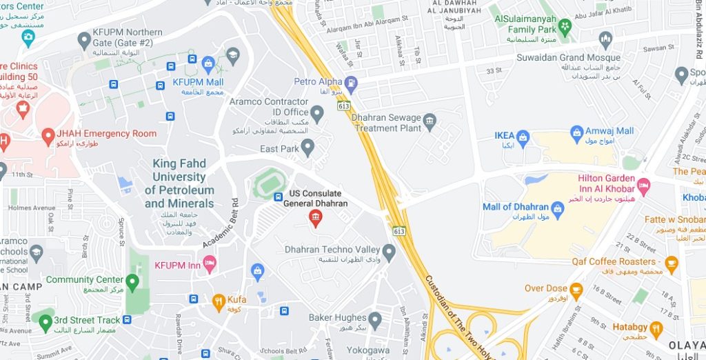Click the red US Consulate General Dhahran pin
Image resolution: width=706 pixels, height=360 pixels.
coord(315,219)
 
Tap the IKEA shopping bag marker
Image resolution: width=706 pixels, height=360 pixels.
coord(523,138)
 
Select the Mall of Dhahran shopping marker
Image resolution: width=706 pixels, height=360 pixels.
coord(557,210)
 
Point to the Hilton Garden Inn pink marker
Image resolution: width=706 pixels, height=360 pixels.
coord(644,184)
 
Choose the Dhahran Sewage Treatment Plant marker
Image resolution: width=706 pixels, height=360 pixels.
coord(430,122)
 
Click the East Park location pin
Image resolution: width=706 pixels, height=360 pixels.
coord(307,147)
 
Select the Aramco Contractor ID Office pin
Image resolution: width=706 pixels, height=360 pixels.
coord(317,113)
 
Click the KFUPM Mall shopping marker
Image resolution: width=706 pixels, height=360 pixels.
coord(208,65)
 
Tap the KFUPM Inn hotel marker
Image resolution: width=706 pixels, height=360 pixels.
coord(210,263)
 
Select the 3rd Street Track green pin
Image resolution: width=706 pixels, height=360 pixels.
coord(46,321)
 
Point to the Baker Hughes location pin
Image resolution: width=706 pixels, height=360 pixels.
coord(375,319)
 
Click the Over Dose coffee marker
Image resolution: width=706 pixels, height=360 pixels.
coord(576,290)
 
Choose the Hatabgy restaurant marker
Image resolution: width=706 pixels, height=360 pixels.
coord(655,329)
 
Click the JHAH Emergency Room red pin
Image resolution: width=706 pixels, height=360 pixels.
coord(48,136)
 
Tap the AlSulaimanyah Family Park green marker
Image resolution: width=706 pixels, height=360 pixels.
coord(565,27)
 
